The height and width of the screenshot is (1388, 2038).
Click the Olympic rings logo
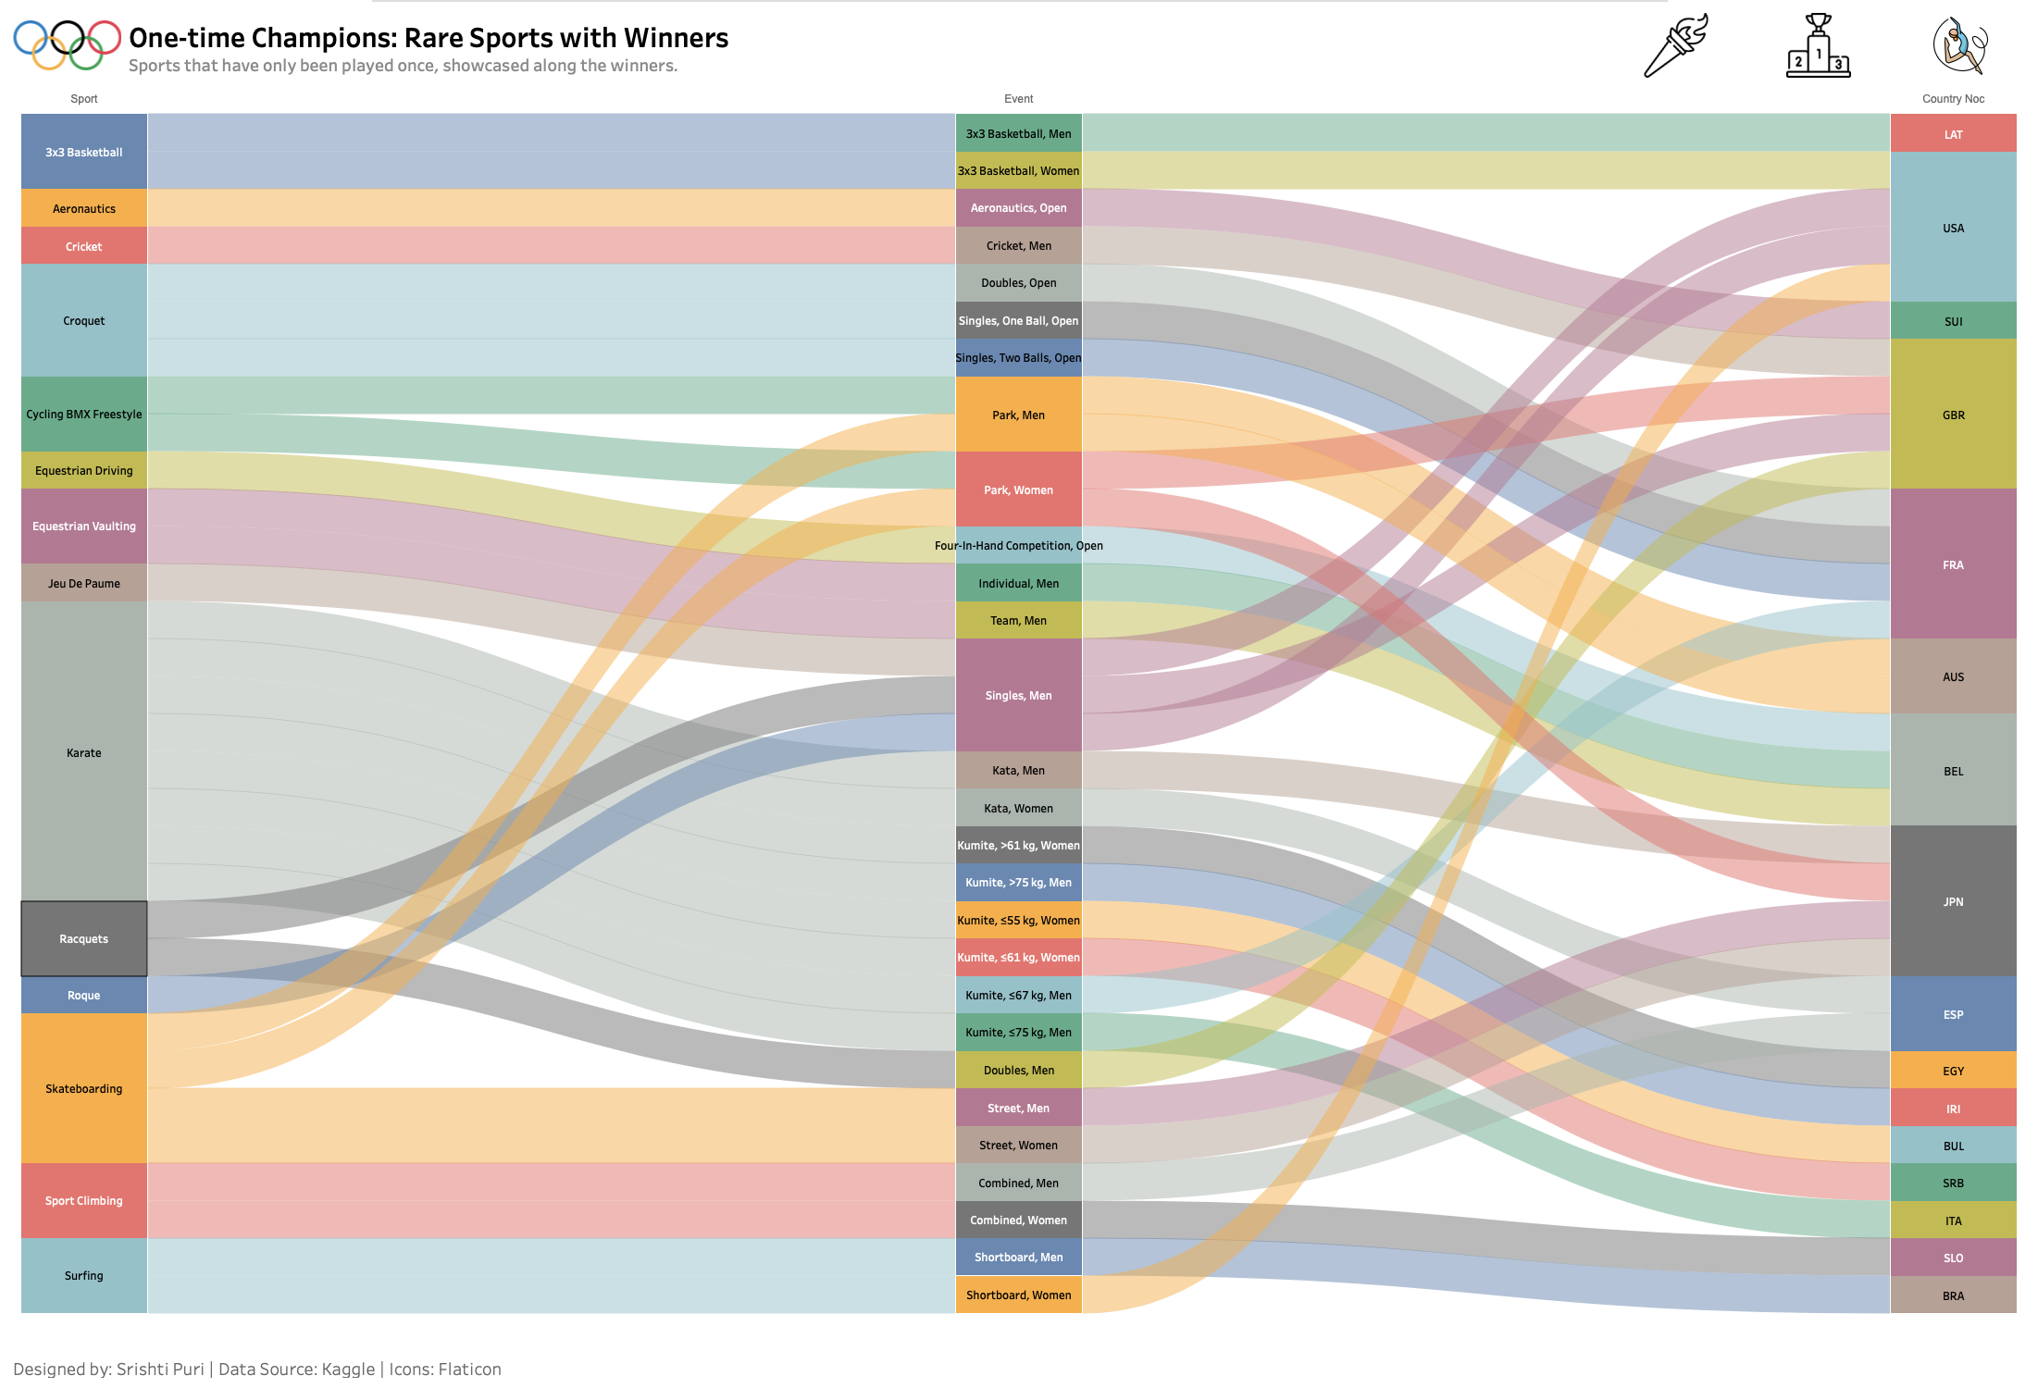tap(67, 43)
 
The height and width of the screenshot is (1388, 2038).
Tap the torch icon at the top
tap(1674, 45)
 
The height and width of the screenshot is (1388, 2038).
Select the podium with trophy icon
tap(1818, 46)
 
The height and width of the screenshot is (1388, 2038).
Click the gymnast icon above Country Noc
tap(1959, 45)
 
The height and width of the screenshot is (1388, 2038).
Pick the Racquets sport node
tap(83, 938)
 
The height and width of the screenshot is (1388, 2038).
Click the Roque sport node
tap(83, 995)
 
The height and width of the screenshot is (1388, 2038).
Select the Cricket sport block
tap(83, 246)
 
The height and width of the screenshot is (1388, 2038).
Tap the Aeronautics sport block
tap(83, 208)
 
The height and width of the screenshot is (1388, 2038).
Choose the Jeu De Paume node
tap(83, 583)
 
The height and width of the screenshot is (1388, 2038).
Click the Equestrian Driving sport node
tap(83, 470)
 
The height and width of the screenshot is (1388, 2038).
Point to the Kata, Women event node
tap(1018, 808)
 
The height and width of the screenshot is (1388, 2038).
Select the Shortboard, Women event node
tap(1018, 1295)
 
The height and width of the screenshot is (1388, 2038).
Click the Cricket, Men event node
tap(1018, 245)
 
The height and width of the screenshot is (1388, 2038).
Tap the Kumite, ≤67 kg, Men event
tap(1018, 995)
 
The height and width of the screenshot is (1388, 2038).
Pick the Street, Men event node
tap(1018, 1108)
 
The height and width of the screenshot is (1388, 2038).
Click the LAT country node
tap(1953, 134)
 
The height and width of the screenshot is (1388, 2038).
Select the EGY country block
tap(1953, 1071)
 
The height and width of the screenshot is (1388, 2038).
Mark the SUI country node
tap(1953, 321)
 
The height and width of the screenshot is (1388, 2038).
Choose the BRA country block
tap(1953, 1295)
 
